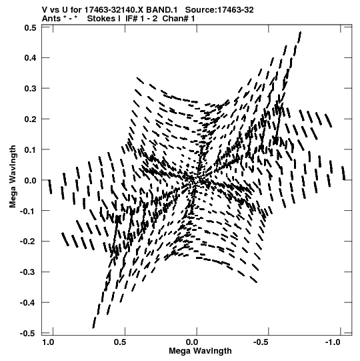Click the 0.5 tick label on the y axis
30,28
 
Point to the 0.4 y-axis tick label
30,58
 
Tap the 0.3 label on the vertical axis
30,88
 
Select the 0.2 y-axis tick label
30,119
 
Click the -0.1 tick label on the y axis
28,211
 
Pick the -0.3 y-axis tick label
28,272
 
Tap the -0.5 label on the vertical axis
28,334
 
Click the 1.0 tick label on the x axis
48,342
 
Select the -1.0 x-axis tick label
333,342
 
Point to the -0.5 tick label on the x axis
261,342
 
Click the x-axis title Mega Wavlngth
200,351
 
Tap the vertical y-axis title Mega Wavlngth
13,177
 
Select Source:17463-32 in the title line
219,10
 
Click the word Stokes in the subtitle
103,19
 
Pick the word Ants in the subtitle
51,19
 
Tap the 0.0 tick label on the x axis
192,342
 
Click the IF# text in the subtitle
131,19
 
